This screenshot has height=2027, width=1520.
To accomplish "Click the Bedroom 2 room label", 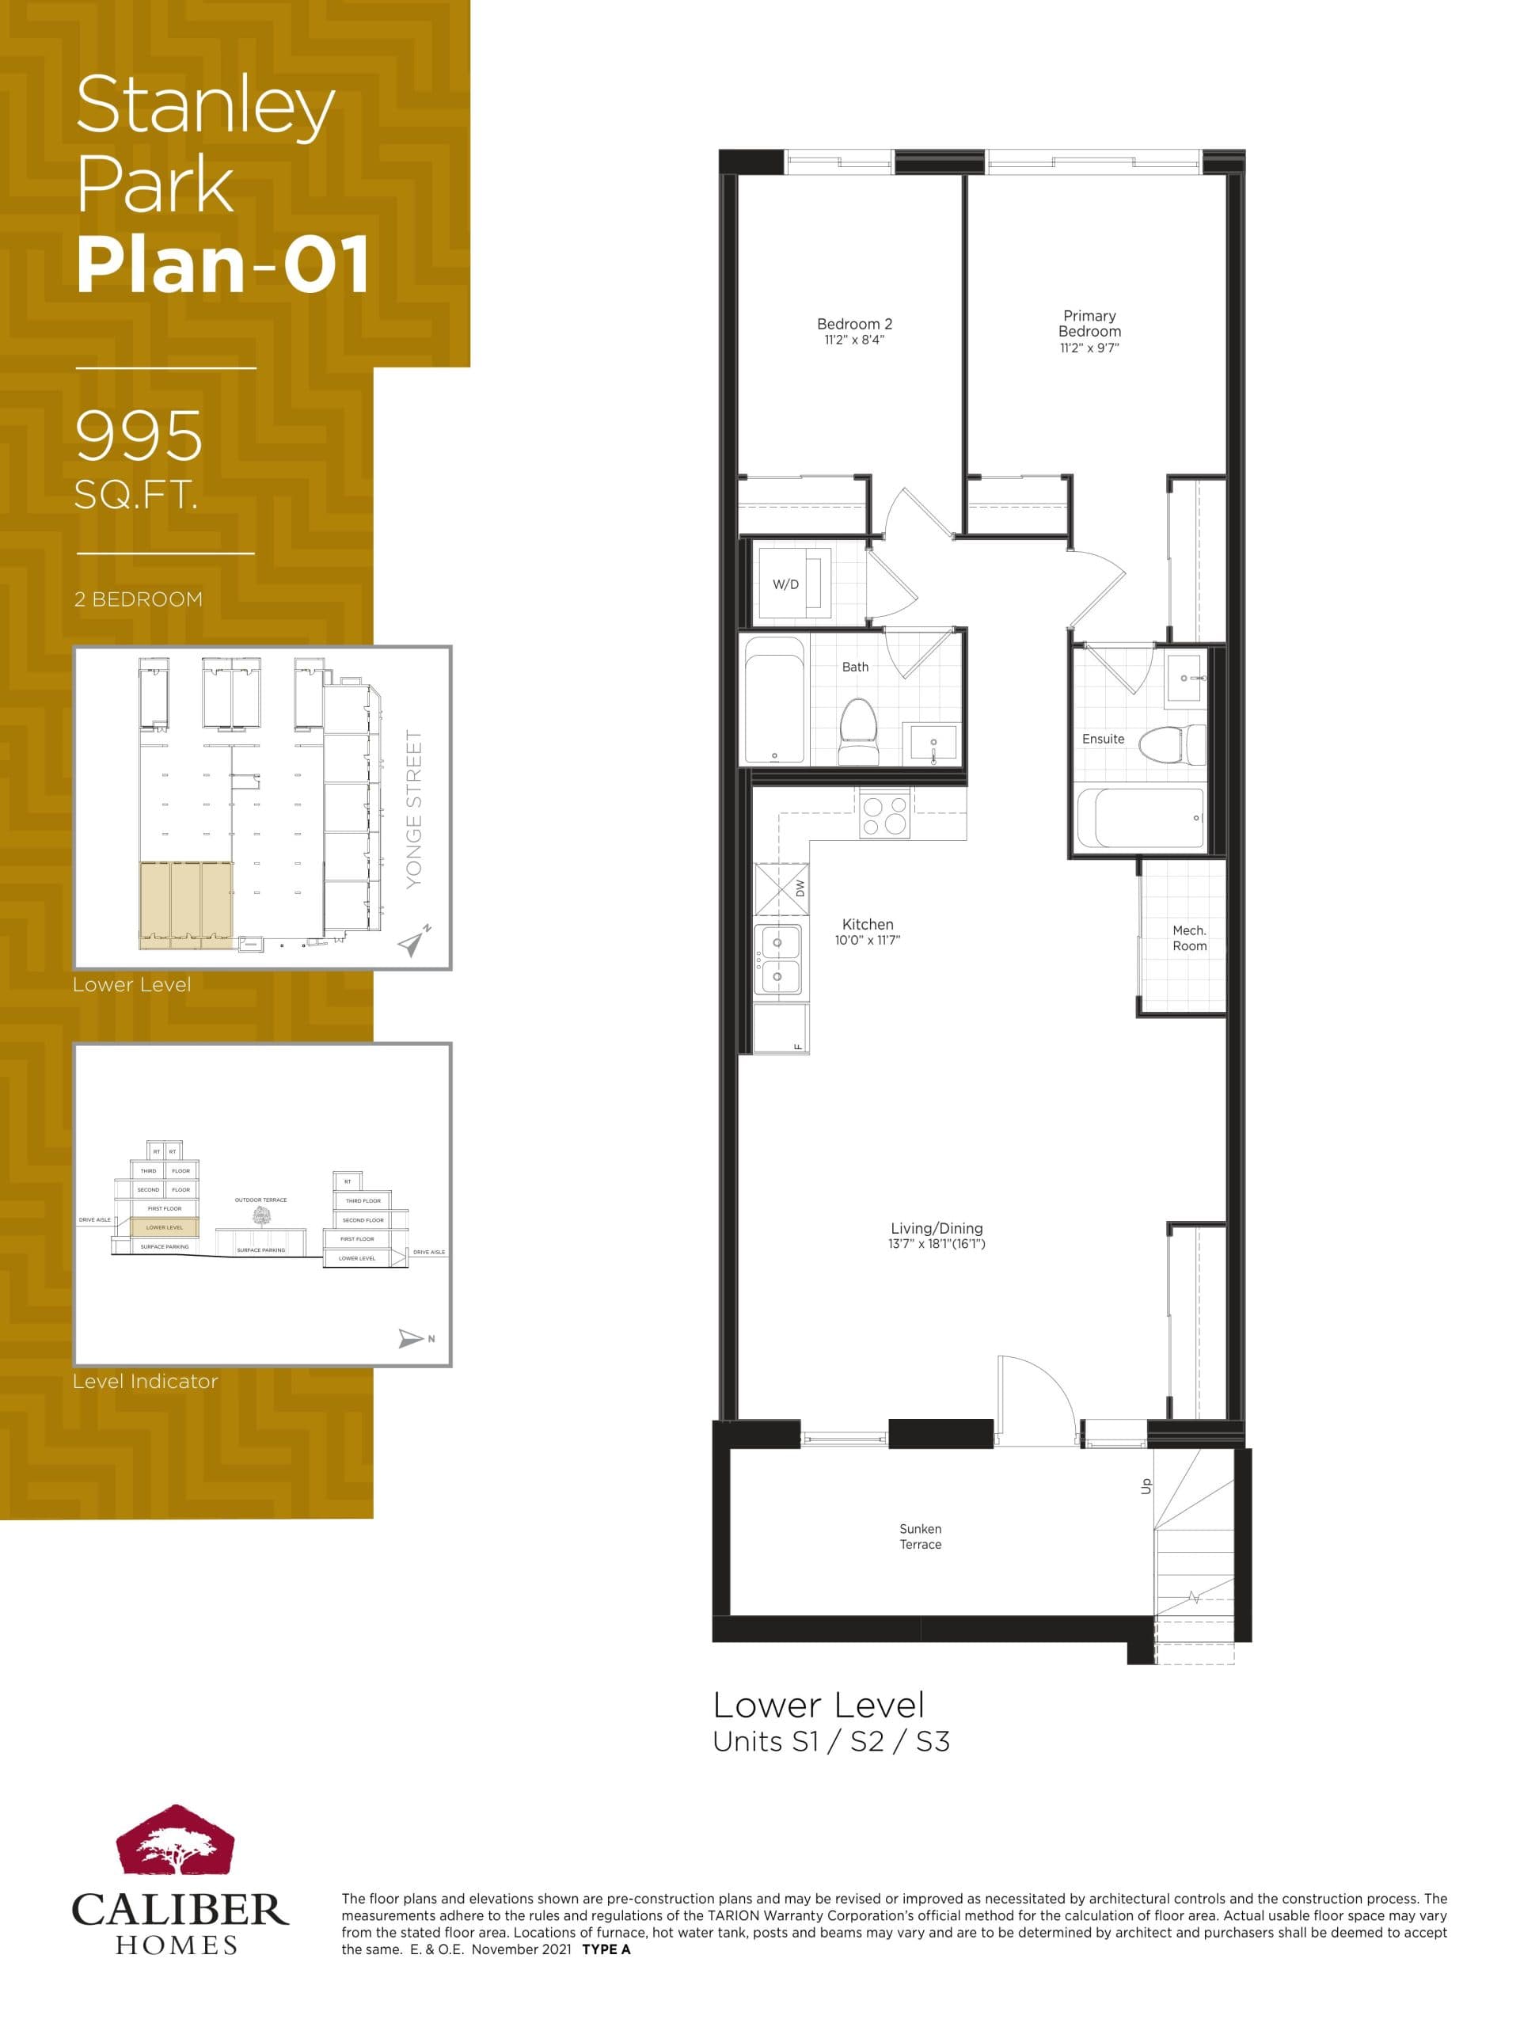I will tap(854, 325).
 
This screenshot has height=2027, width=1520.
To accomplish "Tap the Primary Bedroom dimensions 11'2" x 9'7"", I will tap(1089, 348).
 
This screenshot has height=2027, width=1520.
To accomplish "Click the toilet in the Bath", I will tap(857, 729).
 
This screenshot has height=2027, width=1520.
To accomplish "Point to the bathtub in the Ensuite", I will tap(1141, 817).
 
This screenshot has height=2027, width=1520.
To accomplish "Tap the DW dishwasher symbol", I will tap(782, 889).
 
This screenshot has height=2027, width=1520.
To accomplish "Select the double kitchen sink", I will tap(778, 960).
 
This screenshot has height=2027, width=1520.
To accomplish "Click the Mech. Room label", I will tap(1188, 937).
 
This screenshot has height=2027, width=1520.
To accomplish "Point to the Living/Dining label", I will tap(937, 1228).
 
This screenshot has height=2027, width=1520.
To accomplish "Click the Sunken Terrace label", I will tap(920, 1536).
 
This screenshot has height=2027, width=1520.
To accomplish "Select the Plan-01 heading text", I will tap(222, 264).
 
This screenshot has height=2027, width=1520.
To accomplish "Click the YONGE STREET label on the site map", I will tap(414, 808).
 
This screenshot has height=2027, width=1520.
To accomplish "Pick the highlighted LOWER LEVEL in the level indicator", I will tap(164, 1227).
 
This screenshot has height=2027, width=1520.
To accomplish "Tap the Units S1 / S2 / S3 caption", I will tap(831, 1741).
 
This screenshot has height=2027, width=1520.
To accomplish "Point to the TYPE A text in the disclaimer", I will tap(606, 1949).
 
